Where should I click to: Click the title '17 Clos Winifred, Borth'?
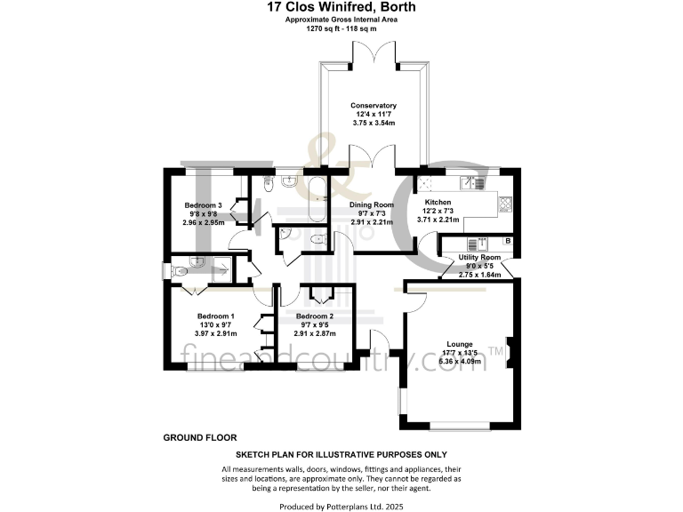point(341,7)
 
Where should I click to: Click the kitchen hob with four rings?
point(504,203)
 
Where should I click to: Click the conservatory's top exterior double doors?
point(374,55)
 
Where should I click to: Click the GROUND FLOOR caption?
point(199,437)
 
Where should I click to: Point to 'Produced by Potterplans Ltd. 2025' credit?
point(341,506)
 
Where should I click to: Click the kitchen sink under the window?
point(473,183)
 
